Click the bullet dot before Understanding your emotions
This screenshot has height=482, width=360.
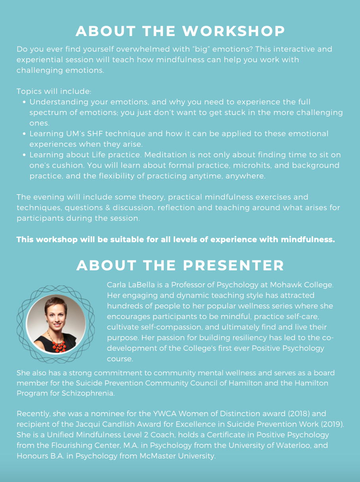(x=25, y=102)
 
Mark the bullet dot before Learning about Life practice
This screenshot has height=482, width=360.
(x=25, y=155)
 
